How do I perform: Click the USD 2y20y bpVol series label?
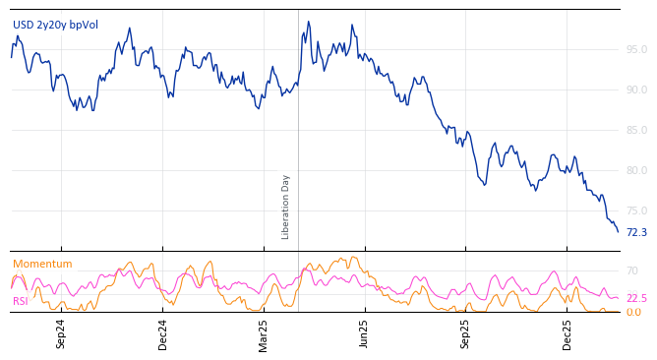click(x=55, y=25)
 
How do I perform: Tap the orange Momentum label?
click(x=42, y=264)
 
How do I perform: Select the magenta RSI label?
click(x=21, y=301)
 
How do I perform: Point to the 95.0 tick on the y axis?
click(x=635, y=49)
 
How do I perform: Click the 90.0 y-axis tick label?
click(x=635, y=90)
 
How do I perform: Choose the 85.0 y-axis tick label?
click(x=635, y=130)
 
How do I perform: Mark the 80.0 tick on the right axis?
click(x=635, y=170)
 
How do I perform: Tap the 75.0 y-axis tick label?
click(x=635, y=210)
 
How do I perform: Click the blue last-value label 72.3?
click(x=636, y=232)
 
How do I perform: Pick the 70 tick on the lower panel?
click(x=632, y=270)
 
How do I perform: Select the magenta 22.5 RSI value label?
click(x=636, y=298)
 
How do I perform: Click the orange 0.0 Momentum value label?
click(x=632, y=312)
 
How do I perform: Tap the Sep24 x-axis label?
click(x=61, y=332)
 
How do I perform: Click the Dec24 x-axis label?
click(x=163, y=332)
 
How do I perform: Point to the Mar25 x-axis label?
click(x=264, y=332)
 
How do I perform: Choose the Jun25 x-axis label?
click(x=364, y=332)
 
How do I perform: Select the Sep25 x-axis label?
click(x=466, y=332)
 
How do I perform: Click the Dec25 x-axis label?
click(x=567, y=332)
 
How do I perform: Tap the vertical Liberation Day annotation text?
click(x=286, y=207)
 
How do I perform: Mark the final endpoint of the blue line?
click(x=618, y=231)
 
